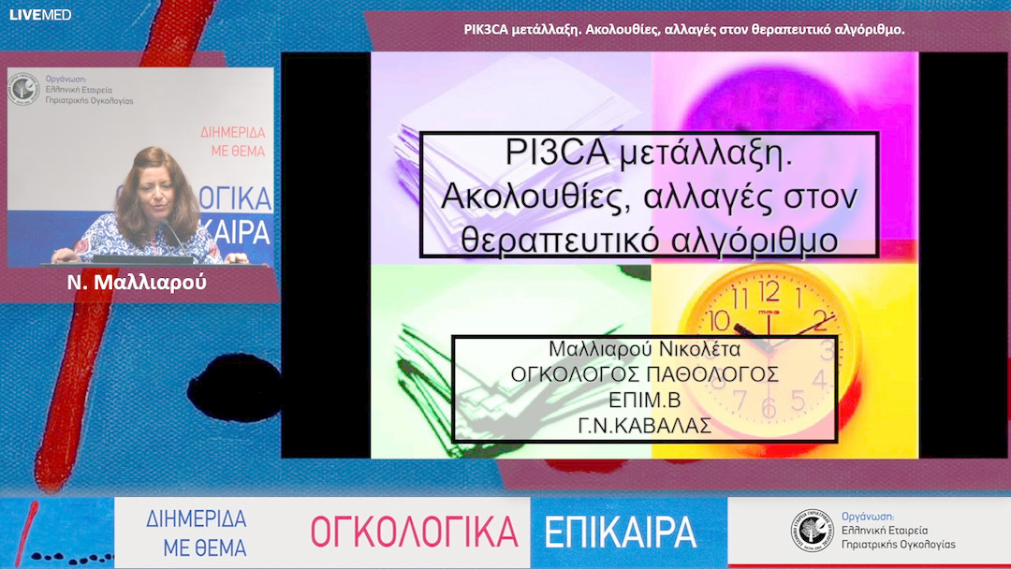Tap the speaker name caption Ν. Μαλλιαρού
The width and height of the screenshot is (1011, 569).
pyautogui.click(x=137, y=283)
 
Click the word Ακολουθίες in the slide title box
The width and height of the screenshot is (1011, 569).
pyautogui.click(x=533, y=197)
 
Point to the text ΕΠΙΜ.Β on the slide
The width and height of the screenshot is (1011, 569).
pyautogui.click(x=644, y=399)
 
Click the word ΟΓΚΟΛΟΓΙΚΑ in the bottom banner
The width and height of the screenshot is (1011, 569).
pyautogui.click(x=414, y=532)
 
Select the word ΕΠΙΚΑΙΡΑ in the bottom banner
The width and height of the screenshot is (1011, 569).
pyautogui.click(x=621, y=532)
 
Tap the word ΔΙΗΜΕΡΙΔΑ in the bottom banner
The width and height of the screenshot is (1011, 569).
pyautogui.click(x=197, y=519)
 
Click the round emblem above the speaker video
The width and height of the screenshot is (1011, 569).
pyautogui.click(x=23, y=91)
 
